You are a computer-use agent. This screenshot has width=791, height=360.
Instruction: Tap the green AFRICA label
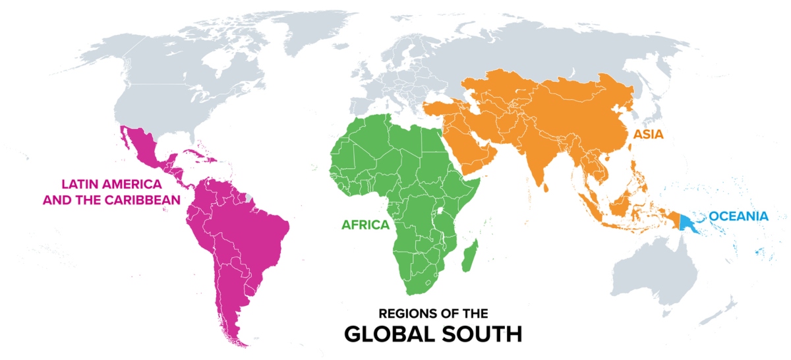(x=365, y=224)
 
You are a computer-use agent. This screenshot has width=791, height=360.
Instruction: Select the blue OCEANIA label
(x=739, y=216)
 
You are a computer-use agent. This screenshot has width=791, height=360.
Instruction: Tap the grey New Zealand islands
(x=727, y=309)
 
